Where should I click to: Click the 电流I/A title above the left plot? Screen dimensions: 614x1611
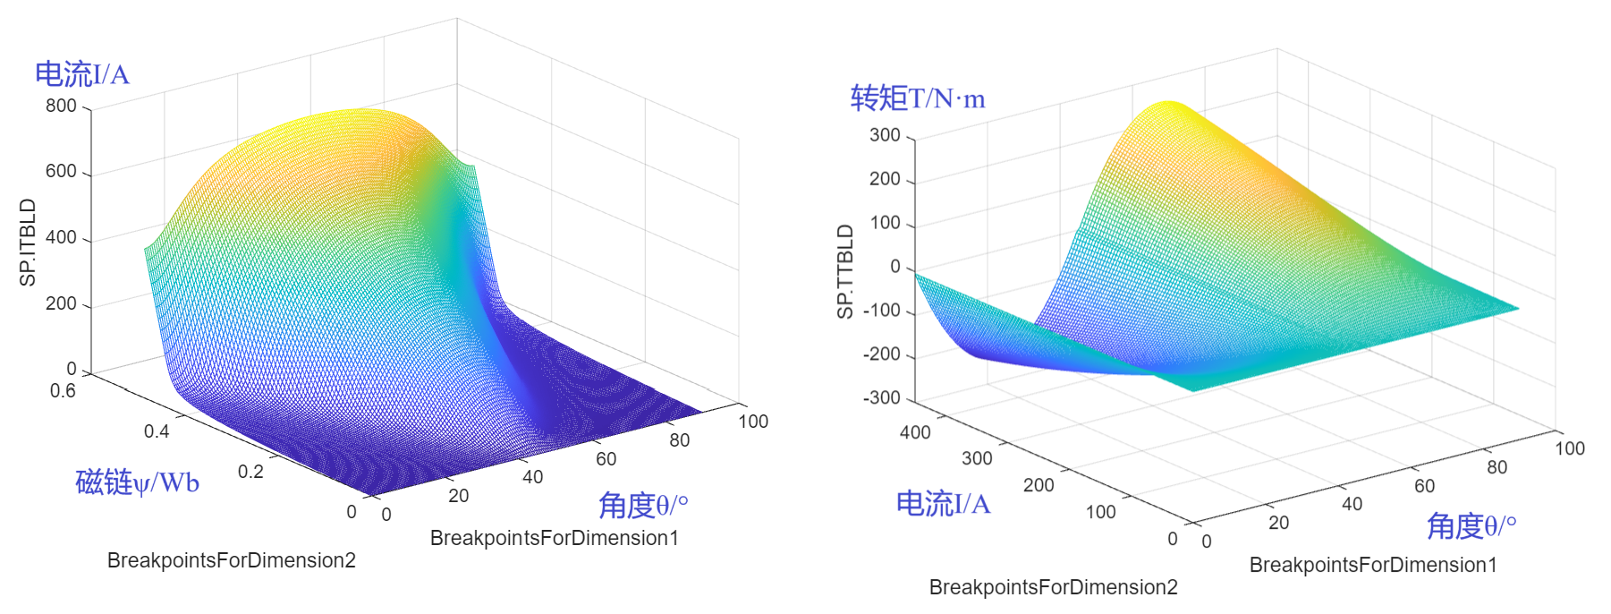point(82,74)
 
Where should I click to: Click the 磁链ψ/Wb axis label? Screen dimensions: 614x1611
point(137,482)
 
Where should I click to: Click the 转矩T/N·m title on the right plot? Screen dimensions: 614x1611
point(918,98)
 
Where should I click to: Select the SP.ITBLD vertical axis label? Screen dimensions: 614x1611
point(29,243)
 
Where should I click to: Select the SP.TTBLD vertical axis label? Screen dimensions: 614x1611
point(845,271)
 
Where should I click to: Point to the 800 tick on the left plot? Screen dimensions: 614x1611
point(61,106)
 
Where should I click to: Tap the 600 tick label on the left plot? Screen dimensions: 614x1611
point(61,171)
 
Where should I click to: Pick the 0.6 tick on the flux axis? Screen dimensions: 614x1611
point(63,391)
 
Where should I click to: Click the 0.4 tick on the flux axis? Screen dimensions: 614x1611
point(157,431)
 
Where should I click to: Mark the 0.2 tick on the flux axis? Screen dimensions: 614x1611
point(250,472)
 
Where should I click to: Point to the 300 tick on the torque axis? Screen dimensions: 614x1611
point(885,135)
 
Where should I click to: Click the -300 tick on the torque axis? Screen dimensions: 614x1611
point(881,398)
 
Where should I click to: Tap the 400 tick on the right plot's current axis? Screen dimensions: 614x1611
point(915,432)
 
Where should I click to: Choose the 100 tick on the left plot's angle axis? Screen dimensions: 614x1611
point(753,422)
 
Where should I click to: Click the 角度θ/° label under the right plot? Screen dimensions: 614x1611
point(1471,526)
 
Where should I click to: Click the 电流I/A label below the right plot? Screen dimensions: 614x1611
point(944,504)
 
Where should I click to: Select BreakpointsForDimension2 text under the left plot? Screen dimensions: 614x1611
point(232,560)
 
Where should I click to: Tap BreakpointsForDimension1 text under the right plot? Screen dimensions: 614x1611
point(1373,565)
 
